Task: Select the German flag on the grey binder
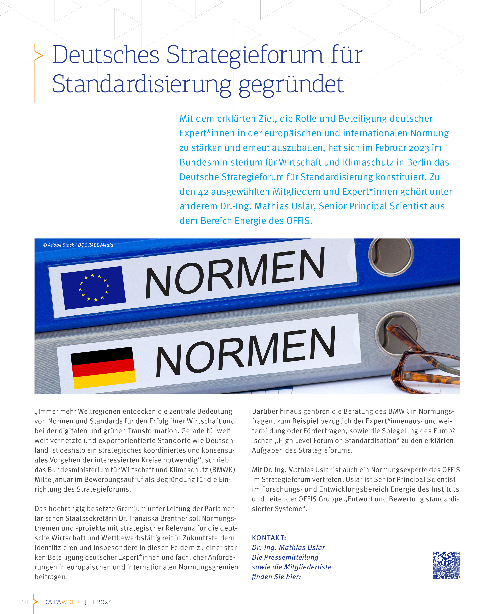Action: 103,368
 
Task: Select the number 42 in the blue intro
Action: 203,192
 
